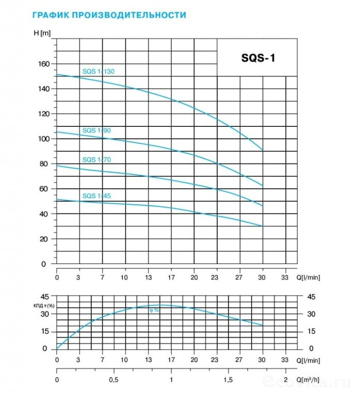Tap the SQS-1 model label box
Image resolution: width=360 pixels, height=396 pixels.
pyautogui.click(x=258, y=57)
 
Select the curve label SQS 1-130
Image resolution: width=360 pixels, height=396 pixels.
pyautogui.click(x=98, y=72)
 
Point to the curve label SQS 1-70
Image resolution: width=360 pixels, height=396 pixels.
pyautogui.click(x=96, y=160)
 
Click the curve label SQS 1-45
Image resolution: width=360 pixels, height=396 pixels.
pyautogui.click(x=96, y=196)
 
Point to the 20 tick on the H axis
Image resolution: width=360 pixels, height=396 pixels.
pyautogui.click(x=44, y=239)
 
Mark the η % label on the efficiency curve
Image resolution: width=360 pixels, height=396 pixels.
pyautogui.click(x=154, y=310)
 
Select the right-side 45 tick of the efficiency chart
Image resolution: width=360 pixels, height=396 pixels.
pyautogui.click(x=310, y=296)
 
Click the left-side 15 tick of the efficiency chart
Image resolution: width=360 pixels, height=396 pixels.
pyautogui.click(x=45, y=332)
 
